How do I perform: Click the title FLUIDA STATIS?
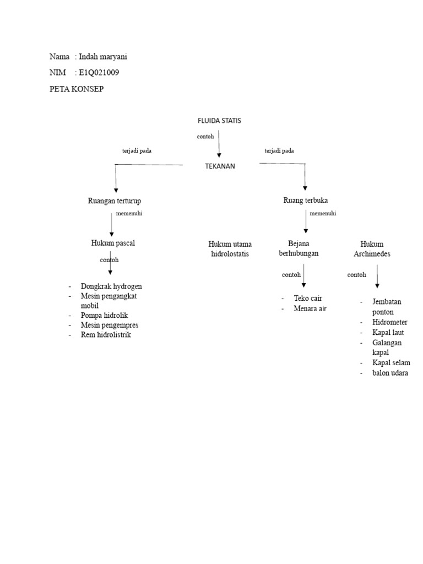pyautogui.click(x=219, y=121)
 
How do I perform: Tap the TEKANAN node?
pyautogui.click(x=219, y=166)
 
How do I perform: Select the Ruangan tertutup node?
pyautogui.click(x=118, y=200)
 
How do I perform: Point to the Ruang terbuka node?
pyautogui.click(x=305, y=200)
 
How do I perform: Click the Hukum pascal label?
pyautogui.click(x=113, y=243)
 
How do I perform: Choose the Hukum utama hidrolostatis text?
pyautogui.click(x=230, y=249)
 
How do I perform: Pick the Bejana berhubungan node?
pyautogui.click(x=299, y=248)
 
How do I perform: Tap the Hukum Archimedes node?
pyautogui.click(x=372, y=249)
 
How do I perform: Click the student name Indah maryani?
pyautogui.click(x=104, y=57)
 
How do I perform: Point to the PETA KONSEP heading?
pyautogui.click(x=76, y=89)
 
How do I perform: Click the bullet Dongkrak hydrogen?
pyautogui.click(x=111, y=286)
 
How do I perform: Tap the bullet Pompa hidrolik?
pyautogui.click(x=104, y=316)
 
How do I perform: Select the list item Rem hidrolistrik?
pyautogui.click(x=106, y=334)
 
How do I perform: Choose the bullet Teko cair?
pyautogui.click(x=308, y=299)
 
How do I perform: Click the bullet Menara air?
pyautogui.click(x=310, y=308)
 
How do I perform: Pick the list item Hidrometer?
pyautogui.click(x=389, y=322)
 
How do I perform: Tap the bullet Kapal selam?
pyautogui.click(x=391, y=363)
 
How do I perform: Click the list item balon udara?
pyautogui.click(x=391, y=373)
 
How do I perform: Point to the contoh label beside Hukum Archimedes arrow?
pyautogui.click(x=357, y=275)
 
